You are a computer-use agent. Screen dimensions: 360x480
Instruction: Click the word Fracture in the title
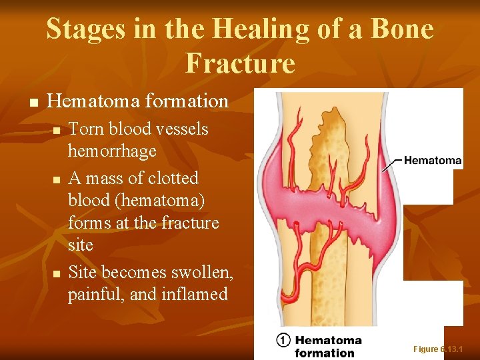pyautogui.click(x=240, y=63)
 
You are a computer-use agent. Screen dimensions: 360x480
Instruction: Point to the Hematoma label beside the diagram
pyautogui.click(x=433, y=160)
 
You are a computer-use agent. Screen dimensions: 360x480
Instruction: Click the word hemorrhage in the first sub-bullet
pyautogui.click(x=112, y=151)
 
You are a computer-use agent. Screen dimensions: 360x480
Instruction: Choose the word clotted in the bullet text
pyautogui.click(x=174, y=178)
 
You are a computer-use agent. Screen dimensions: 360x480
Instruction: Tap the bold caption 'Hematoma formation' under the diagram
pyautogui.click(x=327, y=346)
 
